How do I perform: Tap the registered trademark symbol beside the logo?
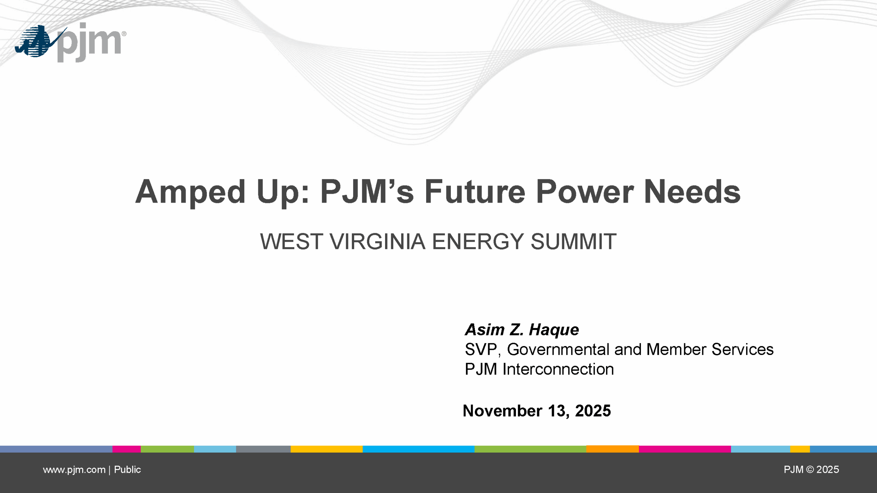[x=124, y=34]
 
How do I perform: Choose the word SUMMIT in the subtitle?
[x=573, y=241]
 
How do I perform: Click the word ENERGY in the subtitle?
[x=478, y=241]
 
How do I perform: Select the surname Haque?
[x=554, y=330]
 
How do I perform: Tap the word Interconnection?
[x=558, y=369]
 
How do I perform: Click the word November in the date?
[x=503, y=411]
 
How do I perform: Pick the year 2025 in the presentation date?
[x=593, y=411]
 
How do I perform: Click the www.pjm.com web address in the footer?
[x=74, y=470]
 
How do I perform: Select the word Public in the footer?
[x=127, y=469]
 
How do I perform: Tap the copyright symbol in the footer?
[x=810, y=469]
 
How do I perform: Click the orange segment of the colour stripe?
[x=613, y=449]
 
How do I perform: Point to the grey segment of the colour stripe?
[x=263, y=449]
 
